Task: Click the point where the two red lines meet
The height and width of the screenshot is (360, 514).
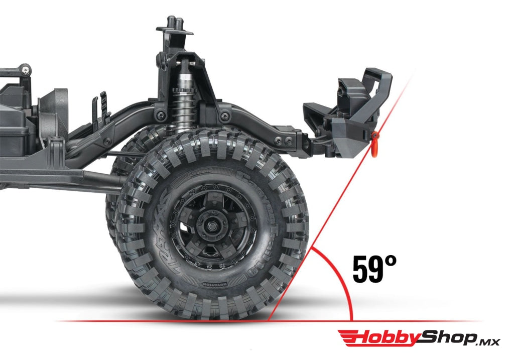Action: tap(269, 320)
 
